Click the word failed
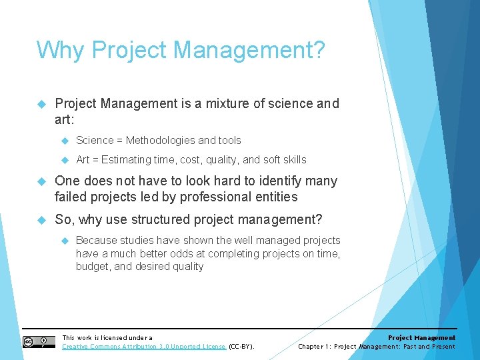pos(70,197)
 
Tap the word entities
pos(275,197)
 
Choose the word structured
pos(164,219)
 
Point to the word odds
pos(190,253)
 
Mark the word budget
pos(93,267)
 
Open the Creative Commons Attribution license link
pos(144,347)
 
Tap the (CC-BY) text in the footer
pos(241,347)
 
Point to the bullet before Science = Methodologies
pos(65,141)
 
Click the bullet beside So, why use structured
pos(41,219)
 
